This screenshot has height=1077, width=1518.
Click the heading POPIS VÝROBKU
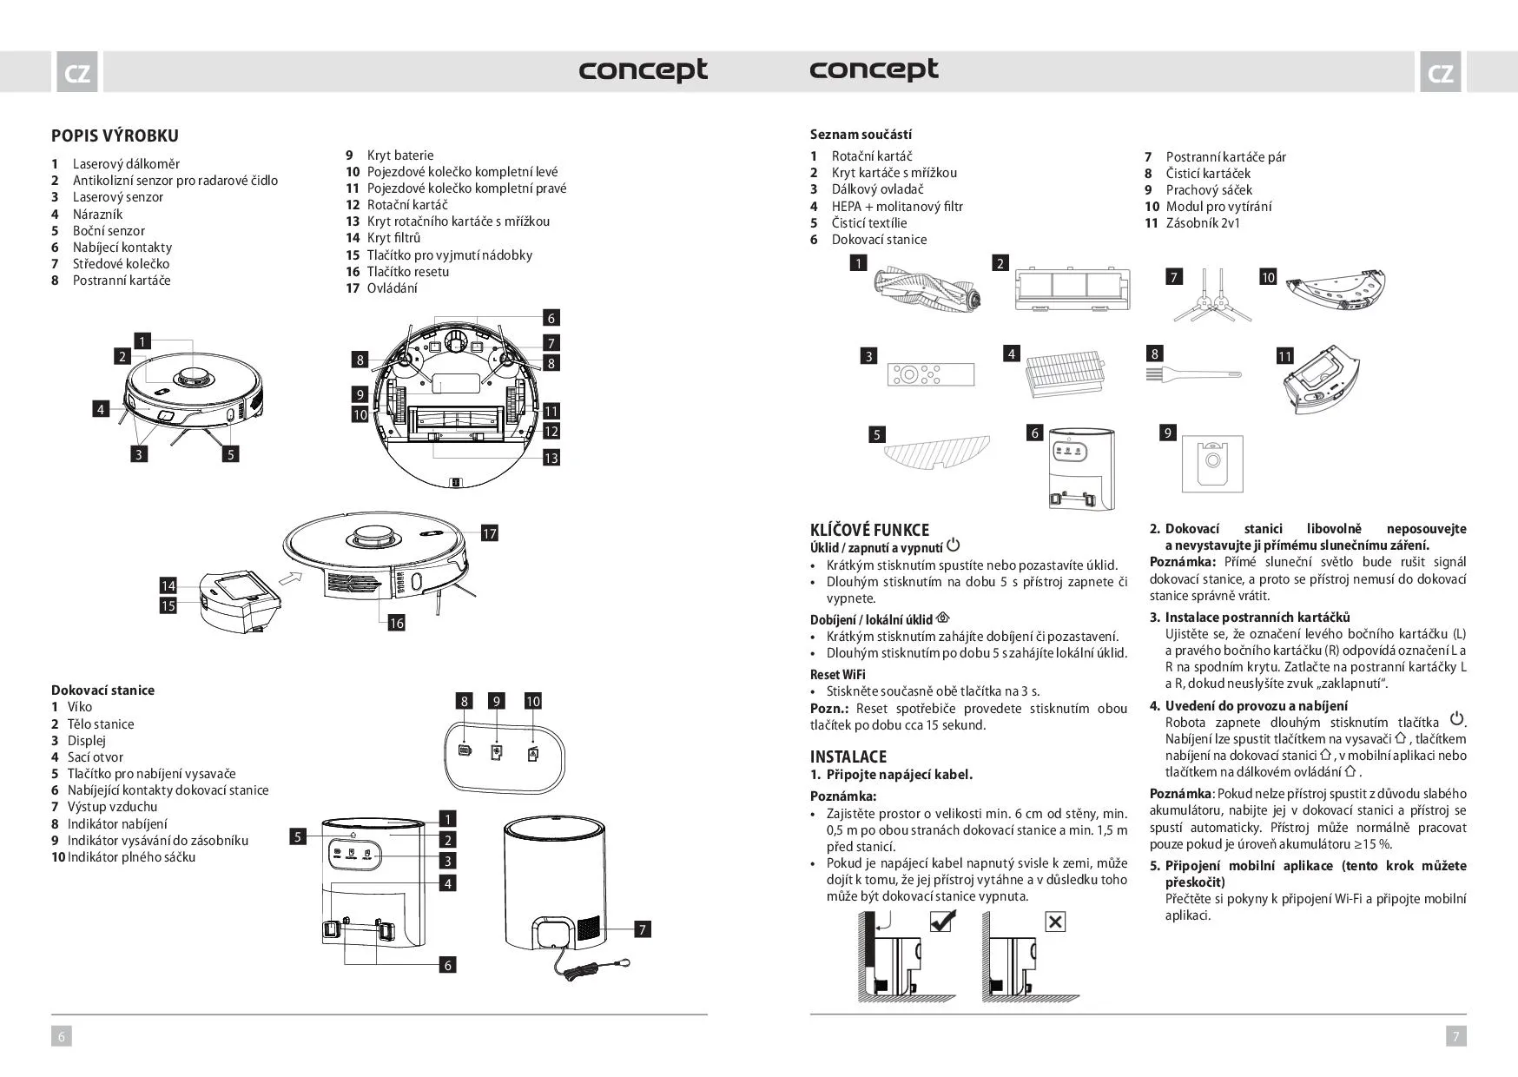115,135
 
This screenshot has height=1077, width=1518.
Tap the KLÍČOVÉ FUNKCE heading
869,530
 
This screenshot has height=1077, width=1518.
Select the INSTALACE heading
848,757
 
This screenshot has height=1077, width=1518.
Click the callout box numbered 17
490,533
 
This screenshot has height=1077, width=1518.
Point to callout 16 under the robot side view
396,623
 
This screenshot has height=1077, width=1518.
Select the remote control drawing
930,374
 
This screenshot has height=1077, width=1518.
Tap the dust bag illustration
1211,464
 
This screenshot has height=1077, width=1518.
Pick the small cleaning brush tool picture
1194,373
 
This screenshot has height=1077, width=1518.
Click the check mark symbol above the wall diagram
941,921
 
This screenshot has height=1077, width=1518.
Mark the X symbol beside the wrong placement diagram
1055,922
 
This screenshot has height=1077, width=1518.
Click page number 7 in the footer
1455,1035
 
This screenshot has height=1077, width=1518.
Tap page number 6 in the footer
61,1035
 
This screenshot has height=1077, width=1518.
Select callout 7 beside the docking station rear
643,929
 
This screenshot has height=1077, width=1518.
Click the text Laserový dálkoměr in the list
126,164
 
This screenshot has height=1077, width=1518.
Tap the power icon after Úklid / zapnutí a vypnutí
954,545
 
